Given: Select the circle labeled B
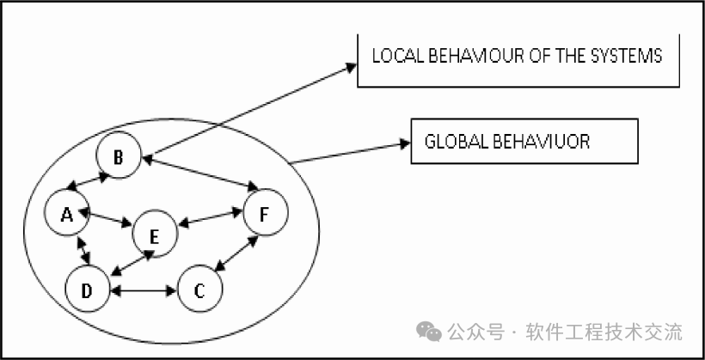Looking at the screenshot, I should (x=119, y=156).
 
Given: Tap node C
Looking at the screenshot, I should (x=199, y=292).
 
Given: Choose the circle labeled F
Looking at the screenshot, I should (x=266, y=213).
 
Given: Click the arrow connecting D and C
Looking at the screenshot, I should (x=144, y=292).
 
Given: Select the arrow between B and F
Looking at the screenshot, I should (x=202, y=172).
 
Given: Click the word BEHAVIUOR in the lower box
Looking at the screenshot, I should (x=536, y=142).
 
